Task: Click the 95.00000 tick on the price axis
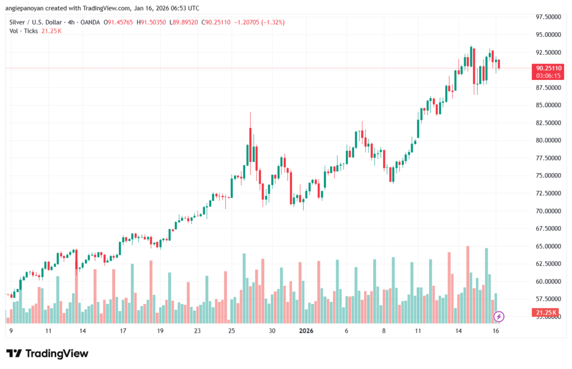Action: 547,35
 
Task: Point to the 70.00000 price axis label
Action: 547,211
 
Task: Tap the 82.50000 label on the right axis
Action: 547,123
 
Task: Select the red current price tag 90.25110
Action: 547,68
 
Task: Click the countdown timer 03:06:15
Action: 547,75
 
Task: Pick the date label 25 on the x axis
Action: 232,331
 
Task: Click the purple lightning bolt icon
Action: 499,317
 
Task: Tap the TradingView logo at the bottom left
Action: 47,353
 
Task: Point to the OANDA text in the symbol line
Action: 89,22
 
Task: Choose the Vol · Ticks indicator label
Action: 24,31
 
